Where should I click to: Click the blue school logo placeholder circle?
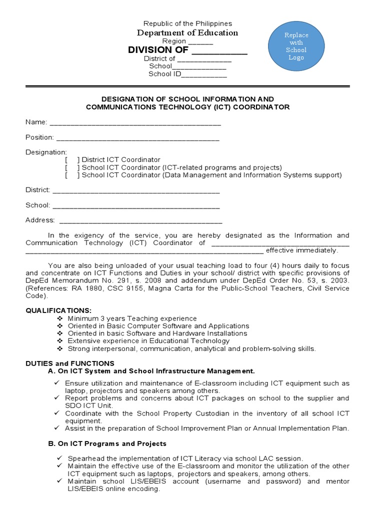[296, 46]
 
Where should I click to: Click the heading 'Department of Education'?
[188, 33]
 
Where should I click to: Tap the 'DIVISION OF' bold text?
[158, 50]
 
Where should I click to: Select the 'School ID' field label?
[164, 74]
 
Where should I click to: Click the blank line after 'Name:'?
[135, 122]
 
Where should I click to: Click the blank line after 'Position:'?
[137, 137]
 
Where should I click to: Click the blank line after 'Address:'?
[140, 220]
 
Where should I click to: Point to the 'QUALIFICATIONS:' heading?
[58, 310]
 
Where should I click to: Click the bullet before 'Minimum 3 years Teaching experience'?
[60, 318]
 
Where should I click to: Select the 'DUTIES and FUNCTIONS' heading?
[70, 363]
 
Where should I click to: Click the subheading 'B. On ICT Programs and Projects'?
[107, 443]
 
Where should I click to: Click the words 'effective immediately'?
[301, 250]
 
